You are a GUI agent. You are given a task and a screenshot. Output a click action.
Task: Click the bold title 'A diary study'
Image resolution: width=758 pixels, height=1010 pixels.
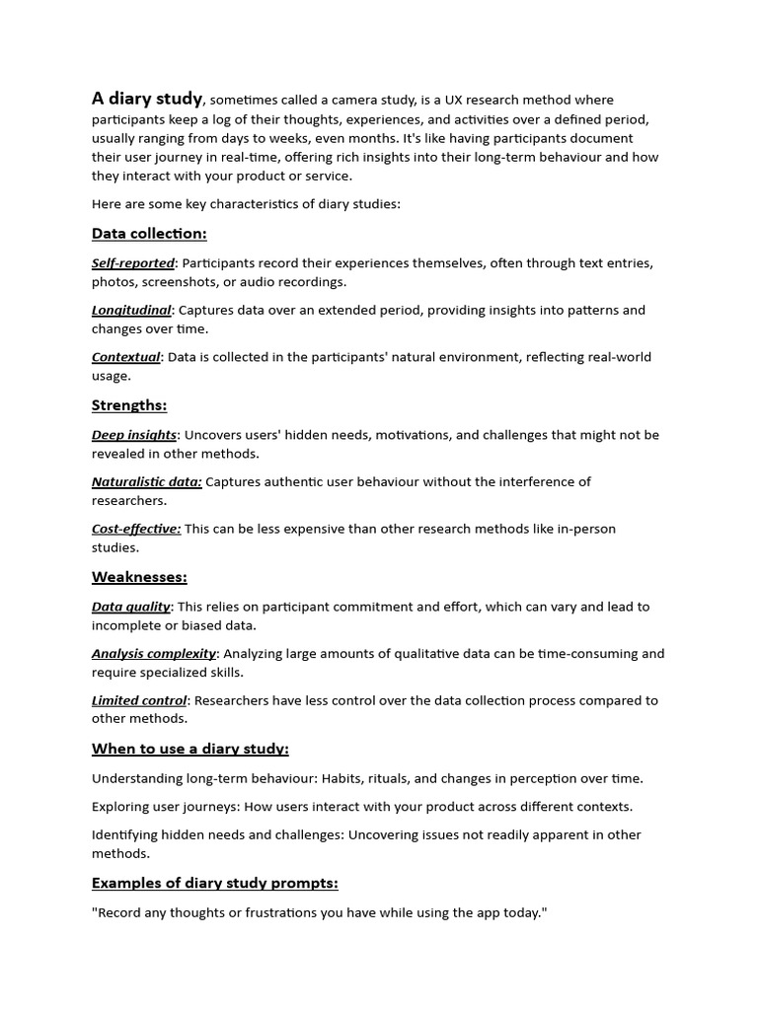click(x=147, y=99)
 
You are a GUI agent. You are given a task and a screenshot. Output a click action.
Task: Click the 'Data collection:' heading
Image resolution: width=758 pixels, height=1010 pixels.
click(x=149, y=234)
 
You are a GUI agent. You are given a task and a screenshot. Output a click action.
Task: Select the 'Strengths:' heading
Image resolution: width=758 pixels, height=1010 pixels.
click(x=129, y=405)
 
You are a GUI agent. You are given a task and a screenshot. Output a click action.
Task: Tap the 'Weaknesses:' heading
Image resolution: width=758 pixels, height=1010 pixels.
click(x=139, y=577)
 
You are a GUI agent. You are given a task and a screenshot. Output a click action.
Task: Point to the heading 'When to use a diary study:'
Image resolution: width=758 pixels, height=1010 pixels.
click(x=190, y=749)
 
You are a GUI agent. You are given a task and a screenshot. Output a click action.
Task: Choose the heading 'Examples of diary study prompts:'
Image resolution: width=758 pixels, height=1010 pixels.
click(x=215, y=883)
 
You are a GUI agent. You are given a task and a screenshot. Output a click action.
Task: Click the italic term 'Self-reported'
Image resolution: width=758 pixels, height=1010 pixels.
click(x=133, y=263)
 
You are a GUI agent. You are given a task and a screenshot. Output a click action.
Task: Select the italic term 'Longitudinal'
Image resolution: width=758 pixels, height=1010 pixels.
click(x=131, y=310)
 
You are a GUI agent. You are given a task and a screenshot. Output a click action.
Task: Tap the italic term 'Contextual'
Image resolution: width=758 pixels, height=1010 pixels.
click(x=126, y=357)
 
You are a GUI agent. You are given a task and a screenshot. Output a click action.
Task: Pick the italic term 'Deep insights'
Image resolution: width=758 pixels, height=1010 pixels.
click(x=134, y=435)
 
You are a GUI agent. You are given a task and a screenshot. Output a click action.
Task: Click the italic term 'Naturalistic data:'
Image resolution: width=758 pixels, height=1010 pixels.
click(x=147, y=481)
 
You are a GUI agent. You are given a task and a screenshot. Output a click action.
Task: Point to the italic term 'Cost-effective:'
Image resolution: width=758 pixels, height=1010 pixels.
click(x=136, y=529)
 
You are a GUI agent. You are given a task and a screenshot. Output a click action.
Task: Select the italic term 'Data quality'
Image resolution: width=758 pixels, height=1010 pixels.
click(x=131, y=607)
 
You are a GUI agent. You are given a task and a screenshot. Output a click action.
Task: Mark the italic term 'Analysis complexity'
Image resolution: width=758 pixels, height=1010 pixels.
click(x=154, y=653)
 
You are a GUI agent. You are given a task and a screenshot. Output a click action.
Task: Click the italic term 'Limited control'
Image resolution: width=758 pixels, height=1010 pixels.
click(x=139, y=700)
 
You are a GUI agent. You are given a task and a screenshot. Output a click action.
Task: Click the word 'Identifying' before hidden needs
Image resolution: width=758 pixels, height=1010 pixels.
click(x=126, y=834)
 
